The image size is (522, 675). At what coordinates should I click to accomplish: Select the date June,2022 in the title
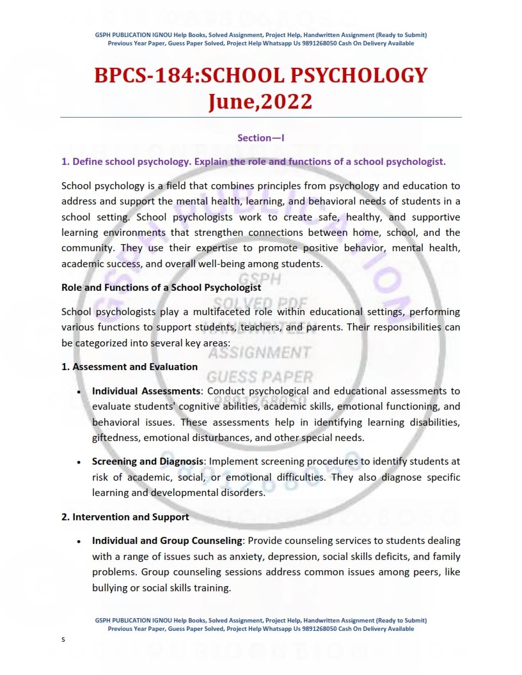260,101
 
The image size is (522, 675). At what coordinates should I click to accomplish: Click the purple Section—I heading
260,137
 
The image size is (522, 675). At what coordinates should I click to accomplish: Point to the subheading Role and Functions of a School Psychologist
161,287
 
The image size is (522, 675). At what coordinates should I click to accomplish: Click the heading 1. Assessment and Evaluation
129,366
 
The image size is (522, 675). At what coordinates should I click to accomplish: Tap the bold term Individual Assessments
146,391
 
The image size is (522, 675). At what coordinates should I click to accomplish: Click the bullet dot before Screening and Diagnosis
78,462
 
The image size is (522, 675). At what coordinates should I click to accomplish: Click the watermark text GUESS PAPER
260,376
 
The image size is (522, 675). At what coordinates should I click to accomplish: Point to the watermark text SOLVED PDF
260,302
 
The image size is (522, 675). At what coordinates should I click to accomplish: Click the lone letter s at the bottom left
63,639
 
